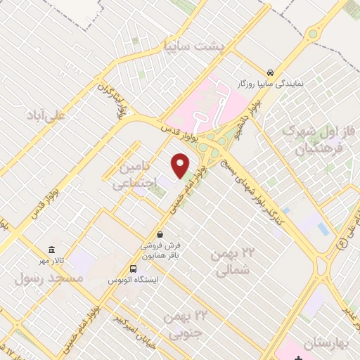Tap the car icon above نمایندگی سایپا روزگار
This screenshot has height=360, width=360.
point(271,72)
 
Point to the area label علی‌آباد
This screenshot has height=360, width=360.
point(44,115)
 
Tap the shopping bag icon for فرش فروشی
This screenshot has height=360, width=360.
point(160,235)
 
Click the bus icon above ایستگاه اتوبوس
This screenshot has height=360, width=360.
point(133,269)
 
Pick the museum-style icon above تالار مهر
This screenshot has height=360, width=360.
point(51,250)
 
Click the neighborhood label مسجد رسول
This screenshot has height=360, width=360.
point(49,278)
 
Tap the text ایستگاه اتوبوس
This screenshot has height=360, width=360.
point(133,280)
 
